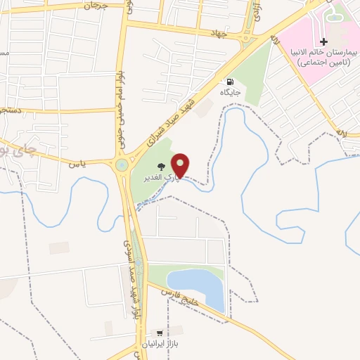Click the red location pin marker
pos(181,165)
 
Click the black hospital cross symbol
pos(323,43)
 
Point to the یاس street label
pos(77,164)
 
